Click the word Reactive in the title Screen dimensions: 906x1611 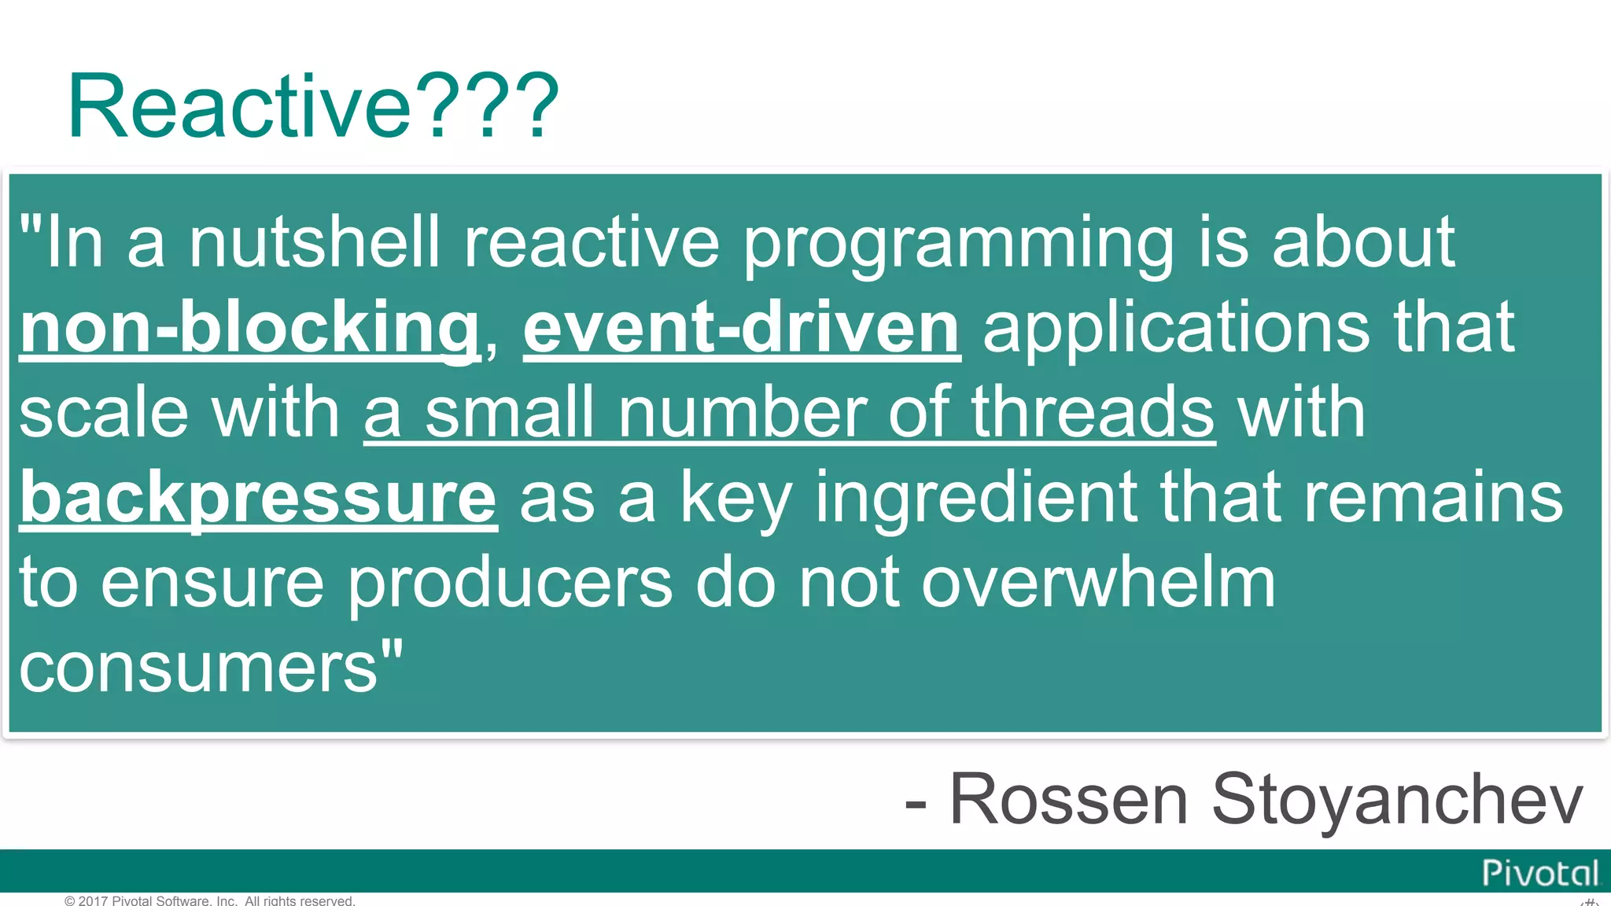(x=240, y=106)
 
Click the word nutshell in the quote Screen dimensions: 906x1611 (x=313, y=242)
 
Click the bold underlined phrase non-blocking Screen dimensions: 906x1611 (x=249, y=329)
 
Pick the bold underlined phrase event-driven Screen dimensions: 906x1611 (x=741, y=329)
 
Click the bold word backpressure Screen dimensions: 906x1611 (x=258, y=499)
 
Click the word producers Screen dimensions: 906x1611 (x=510, y=584)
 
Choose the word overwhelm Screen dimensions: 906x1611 (x=1098, y=583)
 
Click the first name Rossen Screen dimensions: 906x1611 (x=1068, y=800)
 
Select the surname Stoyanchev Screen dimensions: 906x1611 (x=1397, y=801)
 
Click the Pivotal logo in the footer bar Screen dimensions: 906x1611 (x=1539, y=873)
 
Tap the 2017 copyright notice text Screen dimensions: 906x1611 (x=210, y=900)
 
